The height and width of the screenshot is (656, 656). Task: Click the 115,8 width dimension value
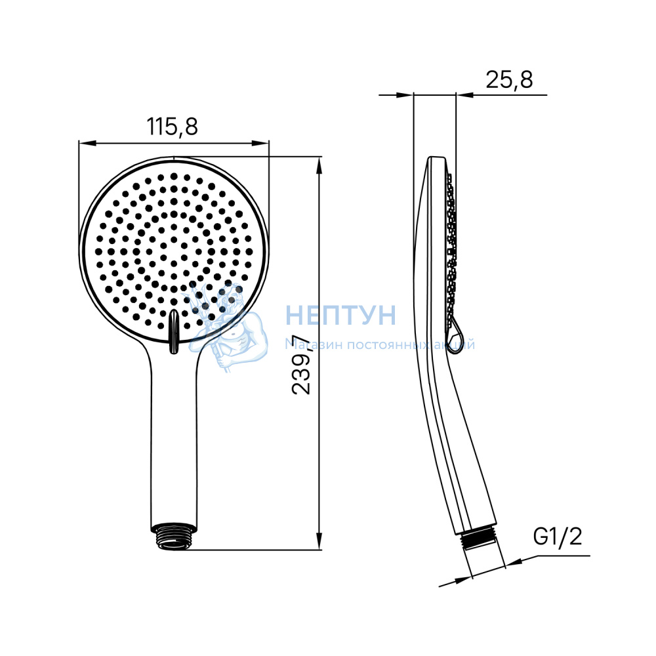point(172,127)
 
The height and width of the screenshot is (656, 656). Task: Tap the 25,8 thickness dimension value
point(509,79)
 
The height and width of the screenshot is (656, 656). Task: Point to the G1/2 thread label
point(557,537)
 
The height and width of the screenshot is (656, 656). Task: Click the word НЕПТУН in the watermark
point(340,315)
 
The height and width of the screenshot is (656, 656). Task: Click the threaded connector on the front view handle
point(173,535)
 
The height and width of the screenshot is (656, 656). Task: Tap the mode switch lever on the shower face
point(173,331)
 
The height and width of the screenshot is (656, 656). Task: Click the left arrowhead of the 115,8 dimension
point(87,143)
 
